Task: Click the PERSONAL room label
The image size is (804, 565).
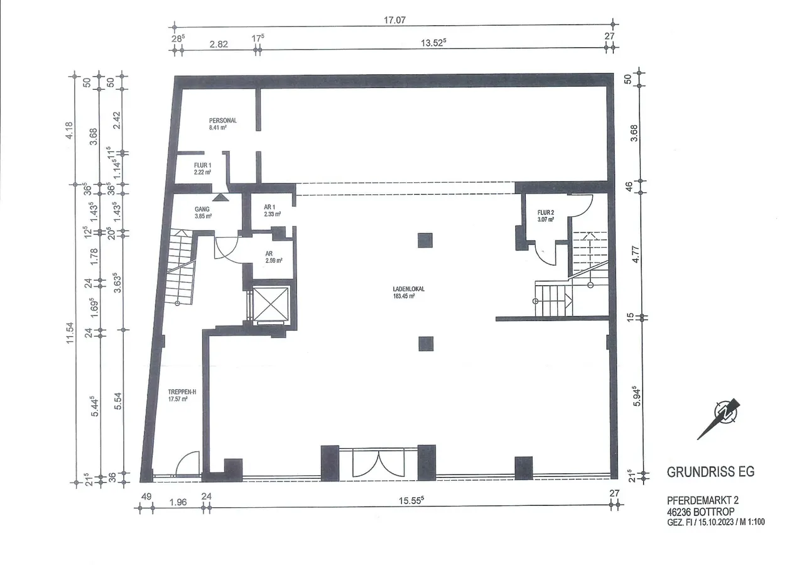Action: tap(223, 121)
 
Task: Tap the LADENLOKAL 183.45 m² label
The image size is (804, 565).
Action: tap(404, 292)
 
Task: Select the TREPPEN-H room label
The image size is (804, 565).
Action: tap(182, 392)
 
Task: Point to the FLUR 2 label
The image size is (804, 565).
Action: tap(546, 212)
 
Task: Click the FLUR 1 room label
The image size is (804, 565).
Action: tap(202, 165)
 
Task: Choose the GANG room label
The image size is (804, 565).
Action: tap(202, 209)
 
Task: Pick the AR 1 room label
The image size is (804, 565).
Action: tap(269, 207)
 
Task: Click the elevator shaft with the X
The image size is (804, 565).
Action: tap(271, 305)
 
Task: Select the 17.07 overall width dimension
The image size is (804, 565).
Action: tap(395, 19)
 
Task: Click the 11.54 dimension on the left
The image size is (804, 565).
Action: tap(70, 332)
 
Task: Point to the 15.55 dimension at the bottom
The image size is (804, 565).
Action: tap(411, 500)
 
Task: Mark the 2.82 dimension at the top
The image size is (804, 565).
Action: tap(219, 44)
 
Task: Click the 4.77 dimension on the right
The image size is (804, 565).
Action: tap(635, 255)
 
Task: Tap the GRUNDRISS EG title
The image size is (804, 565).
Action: tap(710, 471)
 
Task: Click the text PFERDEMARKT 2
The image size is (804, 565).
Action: tap(703, 500)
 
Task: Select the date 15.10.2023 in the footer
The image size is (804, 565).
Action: tap(715, 522)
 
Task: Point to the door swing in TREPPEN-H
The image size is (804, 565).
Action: tap(187, 463)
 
